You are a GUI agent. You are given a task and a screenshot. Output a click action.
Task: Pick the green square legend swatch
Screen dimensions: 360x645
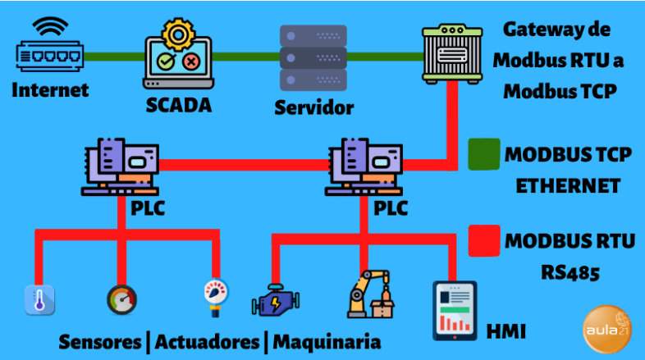(x=484, y=154)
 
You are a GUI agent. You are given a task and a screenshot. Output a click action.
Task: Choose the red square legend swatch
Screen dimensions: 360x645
(x=484, y=241)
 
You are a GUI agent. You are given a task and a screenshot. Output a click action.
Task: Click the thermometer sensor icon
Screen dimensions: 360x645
(x=39, y=301)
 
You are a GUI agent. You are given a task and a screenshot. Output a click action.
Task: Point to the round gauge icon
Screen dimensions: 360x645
(x=121, y=299)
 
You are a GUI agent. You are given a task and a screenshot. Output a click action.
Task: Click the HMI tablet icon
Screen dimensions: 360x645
(x=454, y=311)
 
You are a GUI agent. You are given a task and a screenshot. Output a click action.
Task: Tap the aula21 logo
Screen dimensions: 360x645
(x=606, y=330)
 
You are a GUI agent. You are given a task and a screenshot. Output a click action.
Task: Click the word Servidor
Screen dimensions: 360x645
(x=313, y=107)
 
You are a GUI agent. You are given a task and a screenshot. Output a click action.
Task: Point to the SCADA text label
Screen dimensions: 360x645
(x=178, y=105)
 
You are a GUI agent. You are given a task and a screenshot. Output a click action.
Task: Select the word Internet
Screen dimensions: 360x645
(x=50, y=89)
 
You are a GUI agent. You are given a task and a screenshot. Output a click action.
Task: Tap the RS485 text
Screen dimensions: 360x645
(x=570, y=271)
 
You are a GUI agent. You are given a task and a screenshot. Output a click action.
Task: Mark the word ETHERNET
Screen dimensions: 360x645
(x=567, y=186)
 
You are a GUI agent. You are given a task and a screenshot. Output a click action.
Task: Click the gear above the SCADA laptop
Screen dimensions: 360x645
(x=177, y=34)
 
